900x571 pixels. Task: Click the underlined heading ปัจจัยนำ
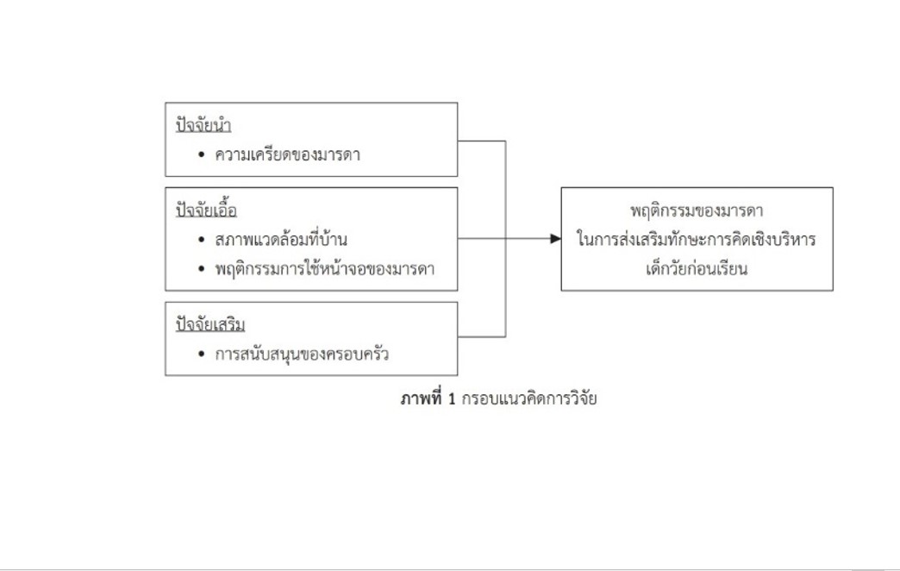click(203, 125)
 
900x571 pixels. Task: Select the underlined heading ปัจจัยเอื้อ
click(207, 210)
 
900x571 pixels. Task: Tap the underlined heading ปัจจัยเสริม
click(210, 324)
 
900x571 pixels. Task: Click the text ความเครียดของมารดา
click(288, 154)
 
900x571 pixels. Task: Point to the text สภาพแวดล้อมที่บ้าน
click(281, 238)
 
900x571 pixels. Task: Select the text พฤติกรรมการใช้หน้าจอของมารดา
click(325, 268)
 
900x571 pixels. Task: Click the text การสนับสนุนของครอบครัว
click(302, 354)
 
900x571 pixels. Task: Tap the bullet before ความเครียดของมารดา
click(201, 154)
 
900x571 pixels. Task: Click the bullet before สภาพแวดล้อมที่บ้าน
click(201, 240)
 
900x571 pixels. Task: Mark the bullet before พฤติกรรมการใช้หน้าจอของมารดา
click(201, 269)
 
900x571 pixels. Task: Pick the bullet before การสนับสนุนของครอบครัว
click(201, 354)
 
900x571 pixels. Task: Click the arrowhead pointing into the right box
click(556, 238)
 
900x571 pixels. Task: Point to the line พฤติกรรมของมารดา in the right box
click(697, 210)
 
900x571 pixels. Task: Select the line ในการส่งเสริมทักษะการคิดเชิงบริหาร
click(697, 239)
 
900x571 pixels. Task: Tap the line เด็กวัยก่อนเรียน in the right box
click(697, 268)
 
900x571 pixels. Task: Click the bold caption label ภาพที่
click(422, 398)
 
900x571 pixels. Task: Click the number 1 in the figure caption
click(452, 398)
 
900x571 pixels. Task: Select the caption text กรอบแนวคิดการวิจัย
click(529, 398)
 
